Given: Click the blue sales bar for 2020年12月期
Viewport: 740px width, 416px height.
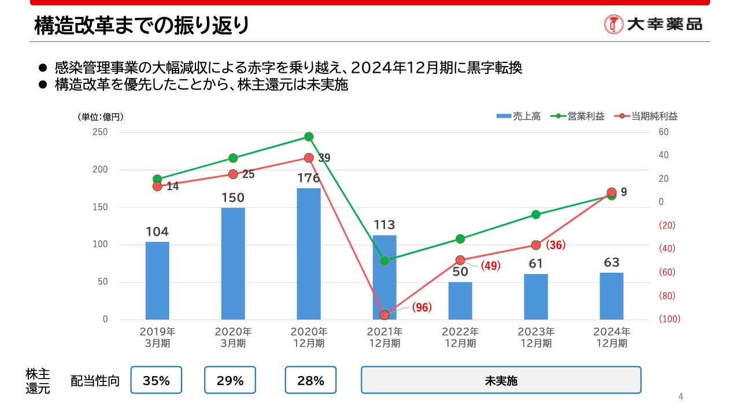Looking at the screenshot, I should coord(309,254).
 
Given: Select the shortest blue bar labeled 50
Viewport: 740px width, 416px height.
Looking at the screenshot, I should coord(460,300).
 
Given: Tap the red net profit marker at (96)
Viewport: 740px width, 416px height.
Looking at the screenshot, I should coord(384,315).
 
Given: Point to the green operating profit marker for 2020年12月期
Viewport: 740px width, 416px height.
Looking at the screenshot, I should coord(309,137).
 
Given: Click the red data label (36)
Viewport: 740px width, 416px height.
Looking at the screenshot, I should coord(555,245).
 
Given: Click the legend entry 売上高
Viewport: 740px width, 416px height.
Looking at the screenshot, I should coord(519,116).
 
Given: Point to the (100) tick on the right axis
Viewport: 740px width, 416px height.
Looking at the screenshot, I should coord(669,319).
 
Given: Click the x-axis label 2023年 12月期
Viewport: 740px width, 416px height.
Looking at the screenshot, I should coord(536,337).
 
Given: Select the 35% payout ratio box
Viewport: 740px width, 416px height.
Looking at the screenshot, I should coord(156,380).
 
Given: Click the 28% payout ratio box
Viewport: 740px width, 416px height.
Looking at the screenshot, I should coord(310,380).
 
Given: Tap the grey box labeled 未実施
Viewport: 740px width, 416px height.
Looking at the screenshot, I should coord(501,380).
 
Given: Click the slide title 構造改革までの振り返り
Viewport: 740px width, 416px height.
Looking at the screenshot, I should coord(142,26).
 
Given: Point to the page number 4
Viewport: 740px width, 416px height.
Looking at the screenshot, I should coord(680,396).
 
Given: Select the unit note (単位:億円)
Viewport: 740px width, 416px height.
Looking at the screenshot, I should coord(101,117).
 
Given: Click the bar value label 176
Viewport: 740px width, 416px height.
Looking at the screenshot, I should coord(309,179).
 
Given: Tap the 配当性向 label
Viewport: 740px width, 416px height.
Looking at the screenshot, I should coord(95,381).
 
